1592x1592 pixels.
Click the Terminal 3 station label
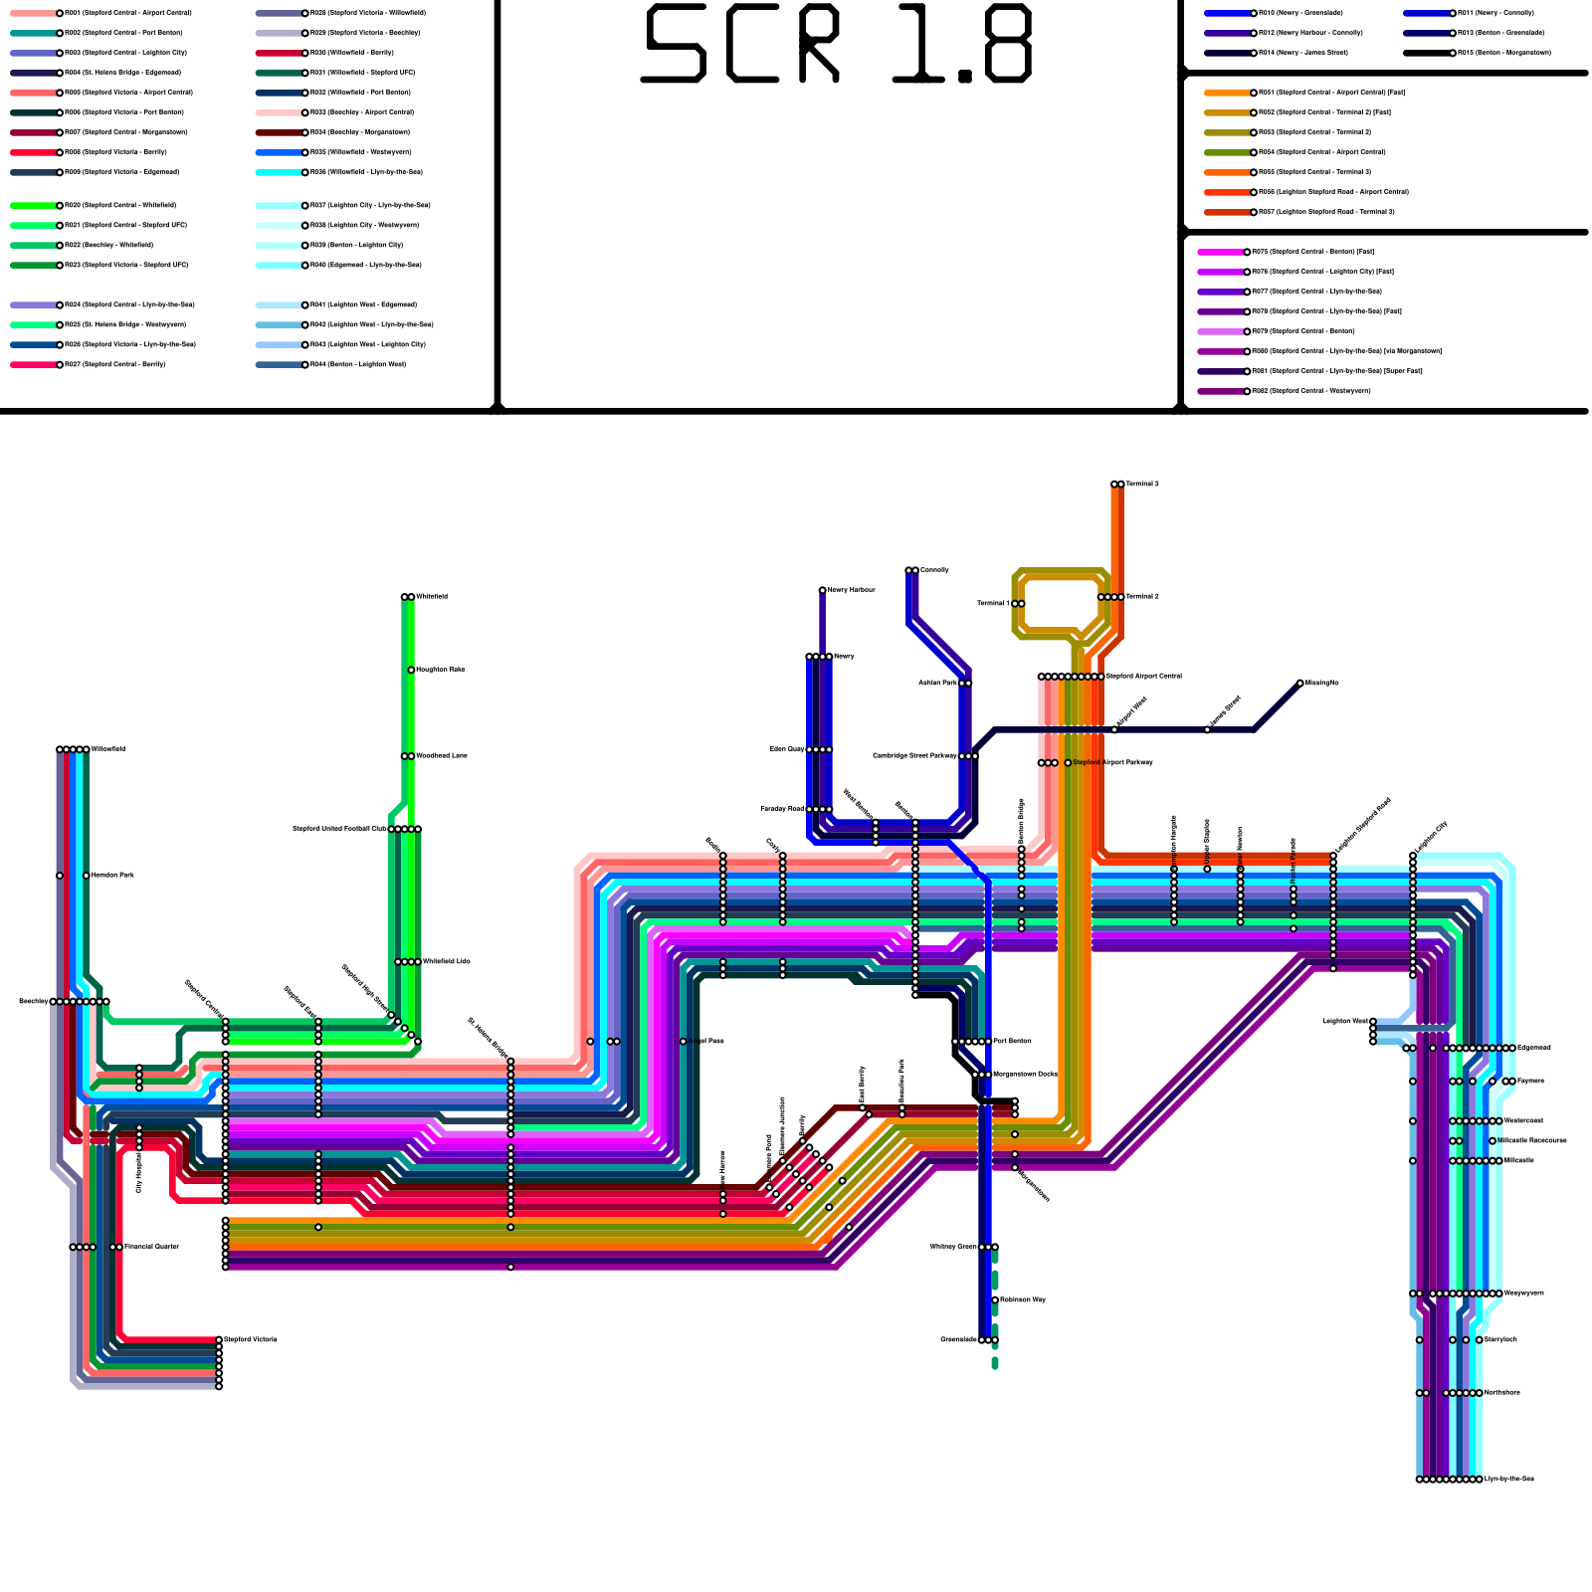pos(1142,485)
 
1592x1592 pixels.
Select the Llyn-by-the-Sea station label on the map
pos(1508,1480)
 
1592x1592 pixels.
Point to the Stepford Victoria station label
pos(251,1340)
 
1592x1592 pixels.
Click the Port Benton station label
pos(1013,1042)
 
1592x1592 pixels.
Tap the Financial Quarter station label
pos(151,1247)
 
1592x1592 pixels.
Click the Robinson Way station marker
pos(995,1300)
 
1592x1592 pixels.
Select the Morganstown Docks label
pos(1025,1075)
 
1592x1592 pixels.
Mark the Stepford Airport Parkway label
pos(1112,763)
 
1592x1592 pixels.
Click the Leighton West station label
pos(1344,1022)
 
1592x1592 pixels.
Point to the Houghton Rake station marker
pos(411,671)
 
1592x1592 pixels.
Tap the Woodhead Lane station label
pos(441,756)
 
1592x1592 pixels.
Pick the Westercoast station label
pos(1523,1121)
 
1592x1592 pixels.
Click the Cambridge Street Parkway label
pos(915,756)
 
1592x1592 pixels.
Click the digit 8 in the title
pos(1003,44)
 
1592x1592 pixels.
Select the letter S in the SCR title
pos(676,44)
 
